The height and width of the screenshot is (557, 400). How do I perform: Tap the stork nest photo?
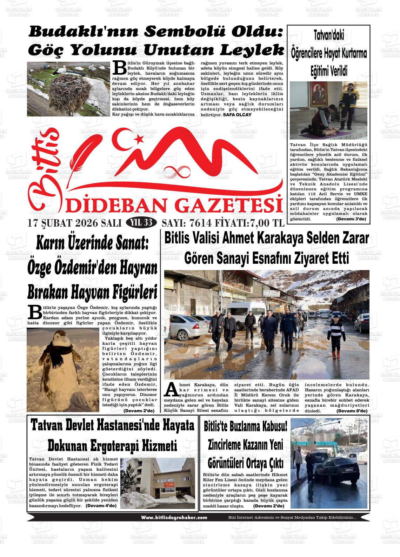tap(68, 89)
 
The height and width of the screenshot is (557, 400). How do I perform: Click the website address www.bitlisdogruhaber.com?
tap(174, 517)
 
